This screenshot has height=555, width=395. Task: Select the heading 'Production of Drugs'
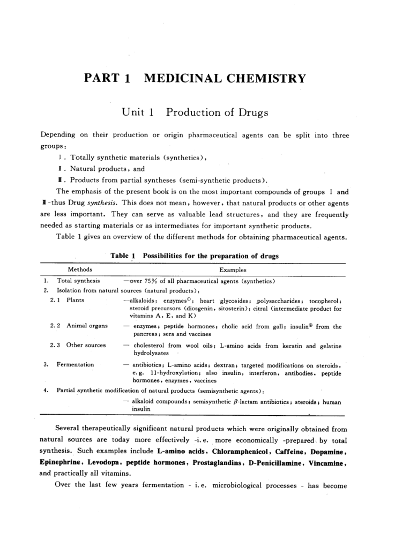pos(217,112)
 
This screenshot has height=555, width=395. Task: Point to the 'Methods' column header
pos(80,269)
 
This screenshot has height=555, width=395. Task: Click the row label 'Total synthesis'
pos(78,281)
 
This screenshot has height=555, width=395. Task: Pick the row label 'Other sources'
pos(86,345)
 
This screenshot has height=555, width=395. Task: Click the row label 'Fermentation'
pos(75,364)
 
